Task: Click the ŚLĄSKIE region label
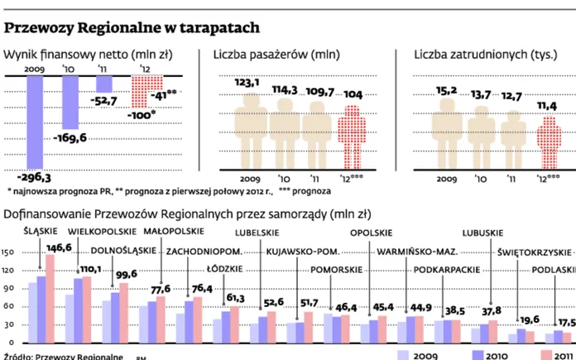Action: tap(41, 231)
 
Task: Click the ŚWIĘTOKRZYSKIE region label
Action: tap(535, 252)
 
